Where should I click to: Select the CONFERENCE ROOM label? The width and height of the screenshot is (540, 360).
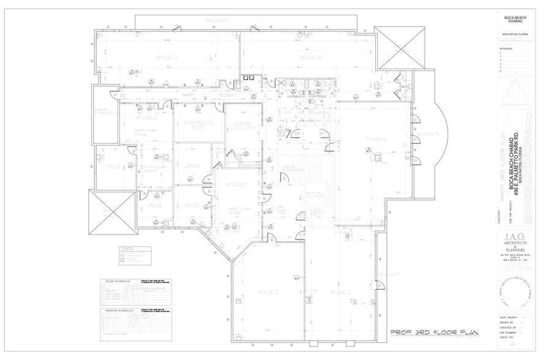click(197, 124)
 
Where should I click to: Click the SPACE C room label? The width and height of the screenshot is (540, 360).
click(375, 139)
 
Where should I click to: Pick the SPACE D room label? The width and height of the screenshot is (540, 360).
click(340, 293)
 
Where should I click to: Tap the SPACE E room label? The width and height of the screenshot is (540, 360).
click(268, 292)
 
